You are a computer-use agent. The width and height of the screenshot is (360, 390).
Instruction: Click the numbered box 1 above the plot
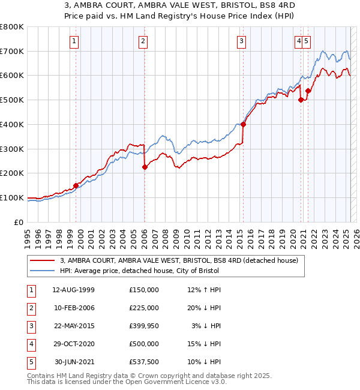pos(73,41)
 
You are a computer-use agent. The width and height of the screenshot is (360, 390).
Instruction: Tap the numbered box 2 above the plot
pos(143,41)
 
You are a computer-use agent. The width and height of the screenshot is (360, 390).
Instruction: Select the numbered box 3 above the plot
pos(241,41)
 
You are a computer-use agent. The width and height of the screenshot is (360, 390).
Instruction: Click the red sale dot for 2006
pos(145,167)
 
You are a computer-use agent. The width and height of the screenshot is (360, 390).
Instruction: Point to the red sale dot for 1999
pos(76,185)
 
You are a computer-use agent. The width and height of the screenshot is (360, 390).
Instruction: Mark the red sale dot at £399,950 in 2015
pos(243,125)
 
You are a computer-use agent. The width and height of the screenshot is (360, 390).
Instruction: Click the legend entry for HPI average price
pos(139,271)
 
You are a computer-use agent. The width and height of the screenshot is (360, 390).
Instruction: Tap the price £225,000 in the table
pos(144,308)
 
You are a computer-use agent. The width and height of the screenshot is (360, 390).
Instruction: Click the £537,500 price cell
pos(144,362)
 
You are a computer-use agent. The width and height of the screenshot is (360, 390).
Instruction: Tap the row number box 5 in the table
pos(31,362)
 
